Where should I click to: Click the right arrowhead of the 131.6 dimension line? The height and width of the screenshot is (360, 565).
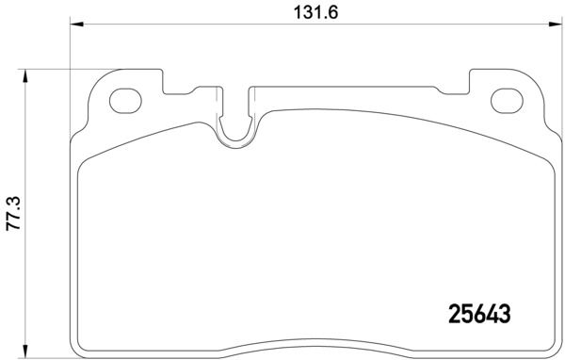557,26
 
